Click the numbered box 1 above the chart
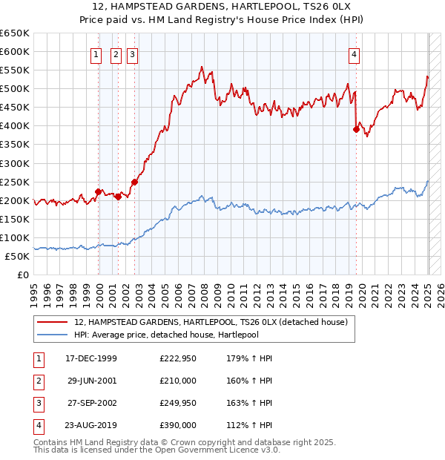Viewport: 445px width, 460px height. point(96,53)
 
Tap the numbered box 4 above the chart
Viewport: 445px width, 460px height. point(355,53)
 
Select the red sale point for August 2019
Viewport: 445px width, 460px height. point(356,129)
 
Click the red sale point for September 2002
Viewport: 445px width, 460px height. point(135,182)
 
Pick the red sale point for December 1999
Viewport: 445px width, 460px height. point(98,191)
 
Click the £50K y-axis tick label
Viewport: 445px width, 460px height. point(18,256)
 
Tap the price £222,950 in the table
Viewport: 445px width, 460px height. point(178,358)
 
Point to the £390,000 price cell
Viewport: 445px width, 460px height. point(178,425)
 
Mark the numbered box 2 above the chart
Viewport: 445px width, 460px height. point(116,53)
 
